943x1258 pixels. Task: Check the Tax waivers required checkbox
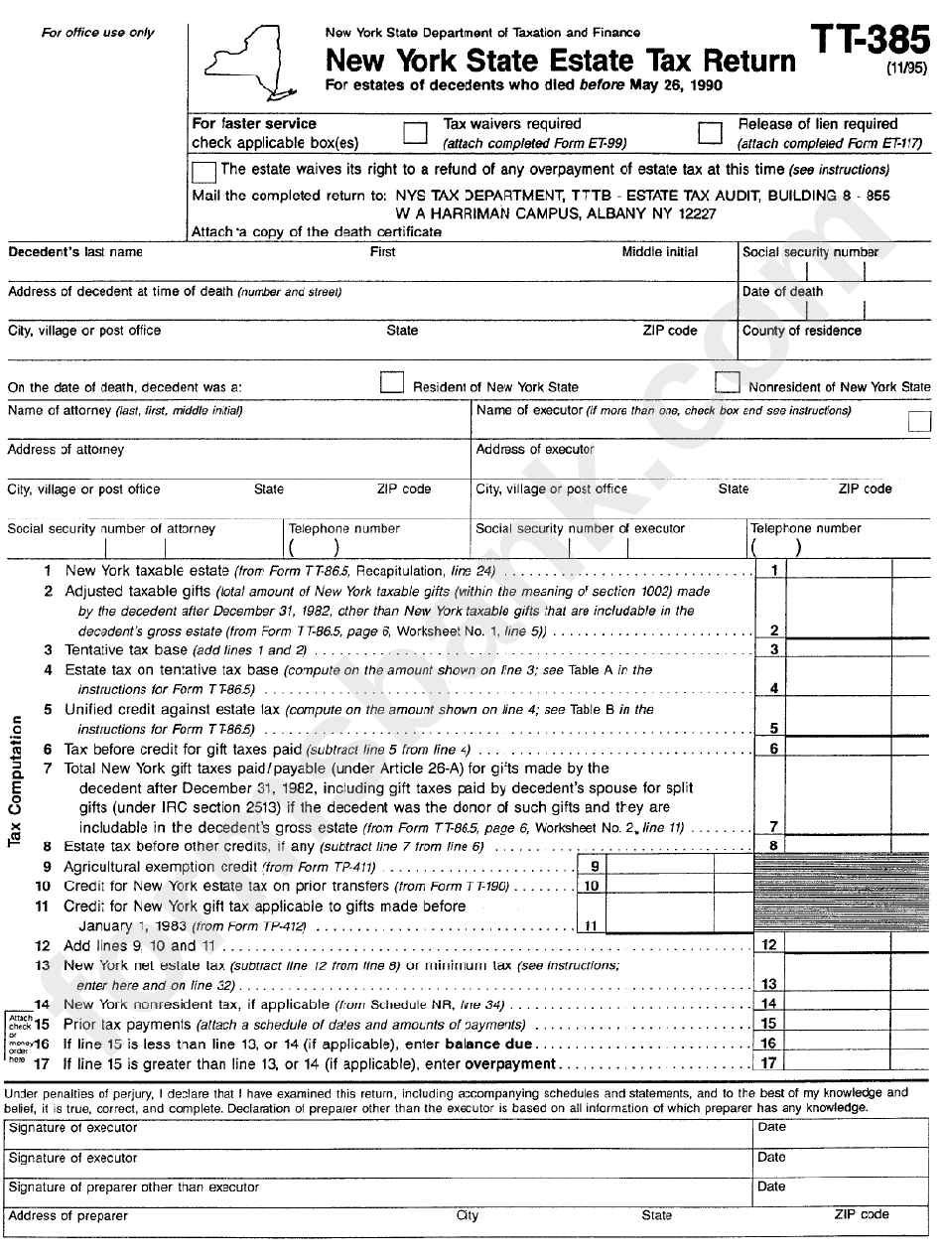click(415, 133)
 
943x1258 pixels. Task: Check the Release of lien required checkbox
click(710, 133)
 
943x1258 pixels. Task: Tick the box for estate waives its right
click(203, 171)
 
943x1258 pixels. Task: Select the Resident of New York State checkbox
click(393, 383)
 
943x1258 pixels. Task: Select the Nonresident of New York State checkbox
click(728, 383)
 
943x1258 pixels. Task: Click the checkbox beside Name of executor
click(919, 421)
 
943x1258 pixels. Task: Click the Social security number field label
click(810, 252)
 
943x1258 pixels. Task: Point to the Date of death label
click(782, 292)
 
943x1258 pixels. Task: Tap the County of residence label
click(801, 331)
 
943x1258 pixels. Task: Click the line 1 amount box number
click(773, 571)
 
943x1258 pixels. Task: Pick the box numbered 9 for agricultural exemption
click(593, 867)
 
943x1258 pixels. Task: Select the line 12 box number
click(769, 945)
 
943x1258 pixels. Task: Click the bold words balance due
click(488, 1045)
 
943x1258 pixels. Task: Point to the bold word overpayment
click(509, 1064)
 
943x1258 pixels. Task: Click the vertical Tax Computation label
click(15, 781)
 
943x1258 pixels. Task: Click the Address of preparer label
click(68, 1216)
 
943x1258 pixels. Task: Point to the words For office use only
click(97, 33)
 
